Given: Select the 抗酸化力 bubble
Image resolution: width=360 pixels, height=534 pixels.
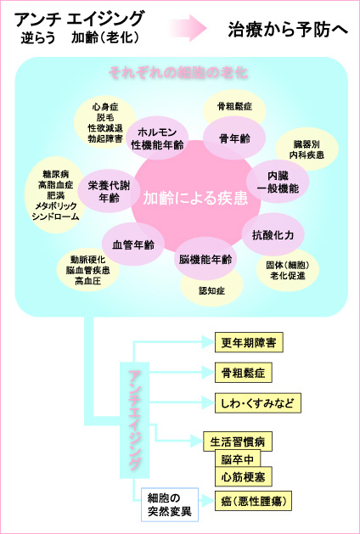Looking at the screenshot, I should [273, 233].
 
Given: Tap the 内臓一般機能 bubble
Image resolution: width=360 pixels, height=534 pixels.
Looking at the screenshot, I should [277, 181].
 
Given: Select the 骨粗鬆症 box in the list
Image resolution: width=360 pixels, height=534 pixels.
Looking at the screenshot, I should [242, 373].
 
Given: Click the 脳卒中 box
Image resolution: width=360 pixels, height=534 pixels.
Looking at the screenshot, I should [237, 459].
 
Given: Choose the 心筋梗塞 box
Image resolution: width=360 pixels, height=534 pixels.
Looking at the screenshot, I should [241, 477].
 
